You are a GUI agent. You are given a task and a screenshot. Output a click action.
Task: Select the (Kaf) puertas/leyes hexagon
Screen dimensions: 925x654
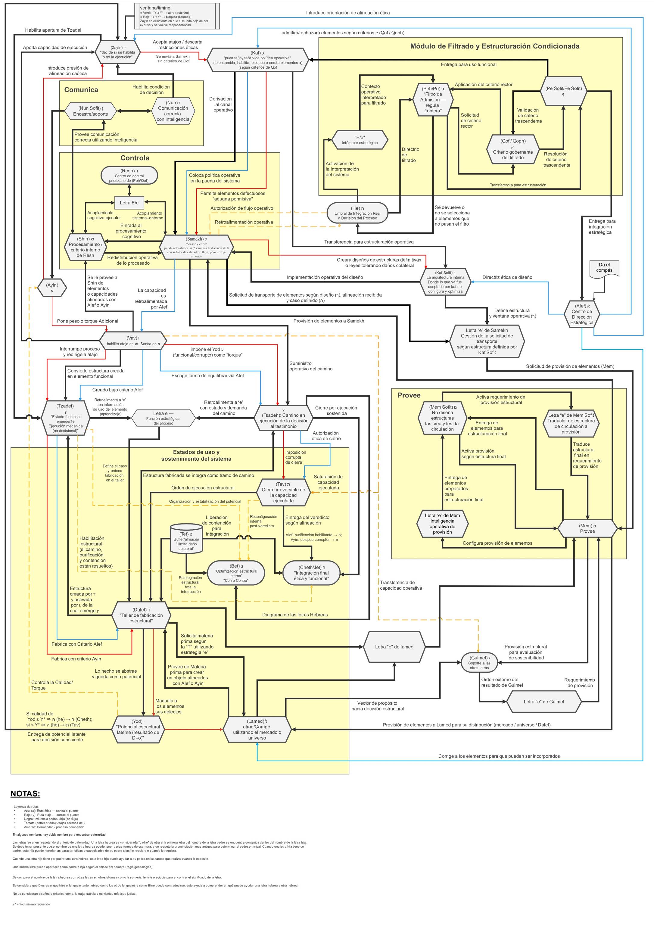pos(257,60)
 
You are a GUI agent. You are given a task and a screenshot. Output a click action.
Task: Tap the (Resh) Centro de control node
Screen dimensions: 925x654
pos(129,176)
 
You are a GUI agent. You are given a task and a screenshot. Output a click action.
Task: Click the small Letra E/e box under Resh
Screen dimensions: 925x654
pos(129,203)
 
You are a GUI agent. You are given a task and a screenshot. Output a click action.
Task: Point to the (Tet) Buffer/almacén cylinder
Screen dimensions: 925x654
pos(186,539)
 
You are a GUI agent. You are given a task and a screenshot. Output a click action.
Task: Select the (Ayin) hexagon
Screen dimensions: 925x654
pos(52,288)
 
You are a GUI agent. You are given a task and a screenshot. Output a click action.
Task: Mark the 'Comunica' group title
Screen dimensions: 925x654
pos(81,90)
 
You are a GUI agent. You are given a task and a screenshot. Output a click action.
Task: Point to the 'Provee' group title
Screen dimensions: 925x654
pos(409,395)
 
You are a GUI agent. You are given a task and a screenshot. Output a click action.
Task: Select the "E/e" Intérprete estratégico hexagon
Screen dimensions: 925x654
pos(360,140)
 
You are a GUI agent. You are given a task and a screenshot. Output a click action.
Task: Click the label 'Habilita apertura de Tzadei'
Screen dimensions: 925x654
pos(53,30)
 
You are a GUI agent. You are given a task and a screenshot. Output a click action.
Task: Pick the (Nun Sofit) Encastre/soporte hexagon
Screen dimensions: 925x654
pos(90,111)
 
